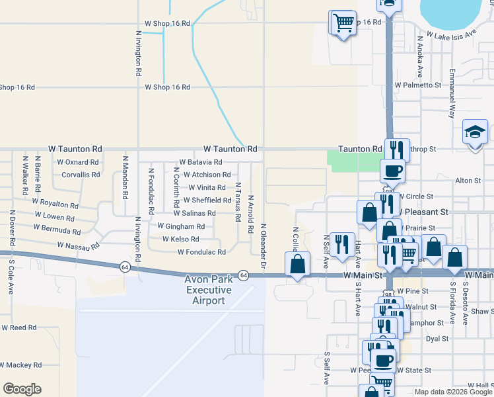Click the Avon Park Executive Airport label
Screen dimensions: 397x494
pyautogui.click(x=209, y=290)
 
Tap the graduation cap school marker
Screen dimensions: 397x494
pyautogui.click(x=475, y=132)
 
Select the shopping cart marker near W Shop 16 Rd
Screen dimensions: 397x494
pyautogui.click(x=343, y=23)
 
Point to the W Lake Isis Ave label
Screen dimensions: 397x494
pyautogui.click(x=452, y=34)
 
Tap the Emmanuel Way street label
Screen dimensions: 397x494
pyautogui.click(x=452, y=93)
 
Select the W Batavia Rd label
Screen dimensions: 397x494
pyautogui.click(x=201, y=162)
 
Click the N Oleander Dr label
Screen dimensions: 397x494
pyautogui.click(x=263, y=246)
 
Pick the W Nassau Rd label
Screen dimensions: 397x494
pyautogui.click(x=78, y=245)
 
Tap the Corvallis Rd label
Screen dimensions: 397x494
pyautogui.click(x=79, y=175)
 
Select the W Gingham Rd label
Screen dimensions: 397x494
pyautogui.click(x=181, y=226)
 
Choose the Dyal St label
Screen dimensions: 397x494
pyautogui.click(x=437, y=338)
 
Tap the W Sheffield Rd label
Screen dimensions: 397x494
pyautogui.click(x=207, y=200)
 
